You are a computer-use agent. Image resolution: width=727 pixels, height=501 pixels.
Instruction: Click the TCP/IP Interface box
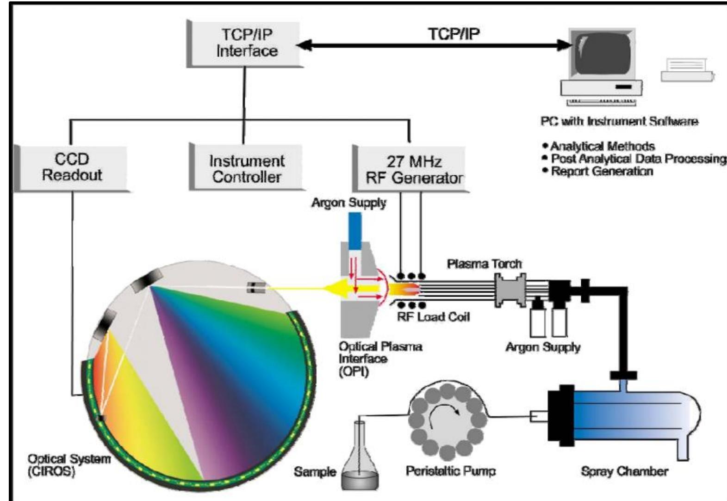tap(246, 43)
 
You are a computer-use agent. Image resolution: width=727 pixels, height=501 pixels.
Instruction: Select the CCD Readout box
tap(72, 167)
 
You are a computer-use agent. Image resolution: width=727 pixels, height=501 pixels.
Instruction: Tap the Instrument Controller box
tap(247, 168)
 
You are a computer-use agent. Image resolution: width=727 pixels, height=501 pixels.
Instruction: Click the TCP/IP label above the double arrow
tap(454, 34)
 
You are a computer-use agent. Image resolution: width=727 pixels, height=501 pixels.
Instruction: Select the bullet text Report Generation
tap(602, 171)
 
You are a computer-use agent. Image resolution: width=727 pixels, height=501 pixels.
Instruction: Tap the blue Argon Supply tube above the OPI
tap(355, 231)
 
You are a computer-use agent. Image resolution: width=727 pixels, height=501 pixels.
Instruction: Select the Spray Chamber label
tap(624, 471)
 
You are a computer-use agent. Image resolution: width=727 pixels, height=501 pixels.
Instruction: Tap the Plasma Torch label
tap(484, 264)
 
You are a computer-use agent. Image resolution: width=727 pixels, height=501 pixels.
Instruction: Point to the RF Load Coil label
tap(433, 317)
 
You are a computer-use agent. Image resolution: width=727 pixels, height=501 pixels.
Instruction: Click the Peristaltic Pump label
tap(450, 471)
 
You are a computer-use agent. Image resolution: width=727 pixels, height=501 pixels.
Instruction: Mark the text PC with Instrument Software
tap(619, 121)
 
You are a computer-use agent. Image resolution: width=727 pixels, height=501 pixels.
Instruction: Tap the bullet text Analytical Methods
tap(602, 146)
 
